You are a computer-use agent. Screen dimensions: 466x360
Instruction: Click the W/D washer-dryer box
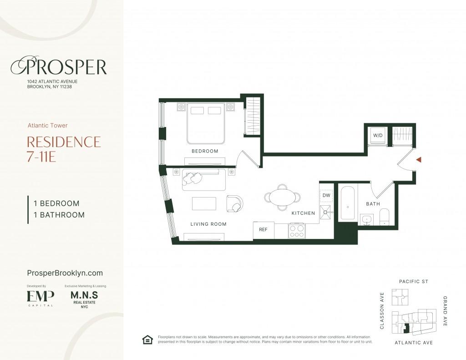tap(378, 136)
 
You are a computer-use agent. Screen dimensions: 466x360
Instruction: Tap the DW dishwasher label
tap(326, 195)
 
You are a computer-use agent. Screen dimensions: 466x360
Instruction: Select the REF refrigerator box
tap(263, 230)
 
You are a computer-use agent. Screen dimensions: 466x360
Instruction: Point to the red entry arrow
tap(419, 160)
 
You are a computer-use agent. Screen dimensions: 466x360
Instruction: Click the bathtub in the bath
tap(348, 203)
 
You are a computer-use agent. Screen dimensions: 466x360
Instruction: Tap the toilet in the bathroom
tap(384, 217)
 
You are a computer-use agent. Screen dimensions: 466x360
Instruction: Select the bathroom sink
tap(367, 220)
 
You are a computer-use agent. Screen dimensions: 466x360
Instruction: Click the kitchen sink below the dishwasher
tap(325, 212)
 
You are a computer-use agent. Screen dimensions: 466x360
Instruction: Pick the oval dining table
tap(282, 197)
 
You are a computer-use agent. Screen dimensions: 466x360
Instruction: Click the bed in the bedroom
tap(206, 123)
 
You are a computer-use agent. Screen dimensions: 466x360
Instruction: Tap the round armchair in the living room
tap(235, 203)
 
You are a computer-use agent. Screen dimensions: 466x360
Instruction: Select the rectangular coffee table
tap(204, 203)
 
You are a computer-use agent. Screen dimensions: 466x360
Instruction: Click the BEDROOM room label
tap(205, 151)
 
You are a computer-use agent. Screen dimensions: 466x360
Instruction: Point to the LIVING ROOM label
tap(208, 224)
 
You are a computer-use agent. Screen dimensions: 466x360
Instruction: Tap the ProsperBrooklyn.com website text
tap(65, 273)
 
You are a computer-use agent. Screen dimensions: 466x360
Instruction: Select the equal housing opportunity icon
tap(147, 340)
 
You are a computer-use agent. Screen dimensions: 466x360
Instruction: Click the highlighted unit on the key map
tap(406, 329)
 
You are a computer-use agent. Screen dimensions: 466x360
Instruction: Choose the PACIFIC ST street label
tap(413, 282)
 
